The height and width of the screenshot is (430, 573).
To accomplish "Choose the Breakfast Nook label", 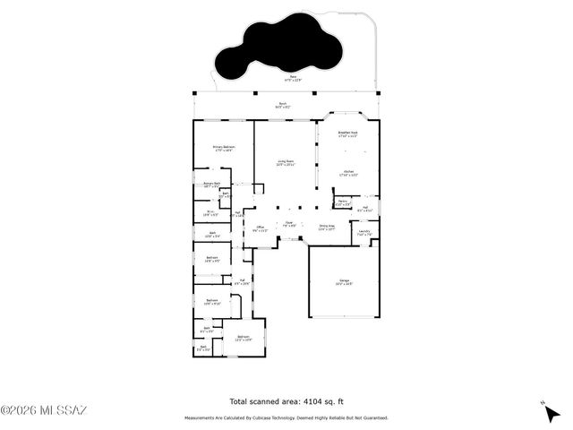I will point(348,134).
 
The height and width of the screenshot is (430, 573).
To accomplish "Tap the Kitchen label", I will point(348,174).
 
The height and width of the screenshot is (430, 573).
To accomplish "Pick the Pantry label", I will point(343,203).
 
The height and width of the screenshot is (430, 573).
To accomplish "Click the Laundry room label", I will point(364,233).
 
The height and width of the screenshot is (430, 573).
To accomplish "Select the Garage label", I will point(345,282).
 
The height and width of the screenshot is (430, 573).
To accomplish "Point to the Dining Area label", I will point(327,228).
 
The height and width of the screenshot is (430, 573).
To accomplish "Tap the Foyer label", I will point(289,224).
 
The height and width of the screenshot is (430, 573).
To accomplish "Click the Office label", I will point(260,228).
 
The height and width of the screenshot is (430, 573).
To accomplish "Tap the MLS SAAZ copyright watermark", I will point(45,411).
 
